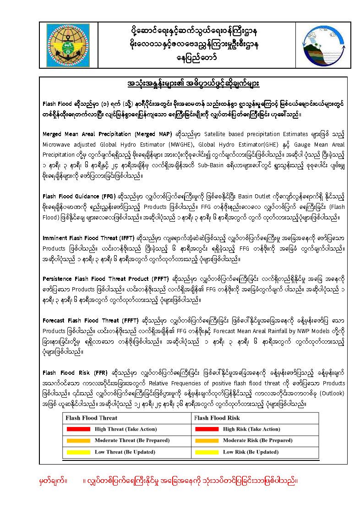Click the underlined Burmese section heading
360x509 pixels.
click(x=193, y=85)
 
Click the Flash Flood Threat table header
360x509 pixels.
click(x=92, y=418)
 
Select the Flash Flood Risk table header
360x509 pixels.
click(x=217, y=418)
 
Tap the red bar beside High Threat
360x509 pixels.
click(x=78, y=429)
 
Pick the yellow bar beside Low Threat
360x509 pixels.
click(x=78, y=452)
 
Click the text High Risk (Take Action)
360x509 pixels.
click(x=251, y=429)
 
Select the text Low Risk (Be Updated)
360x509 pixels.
click(x=251, y=452)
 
